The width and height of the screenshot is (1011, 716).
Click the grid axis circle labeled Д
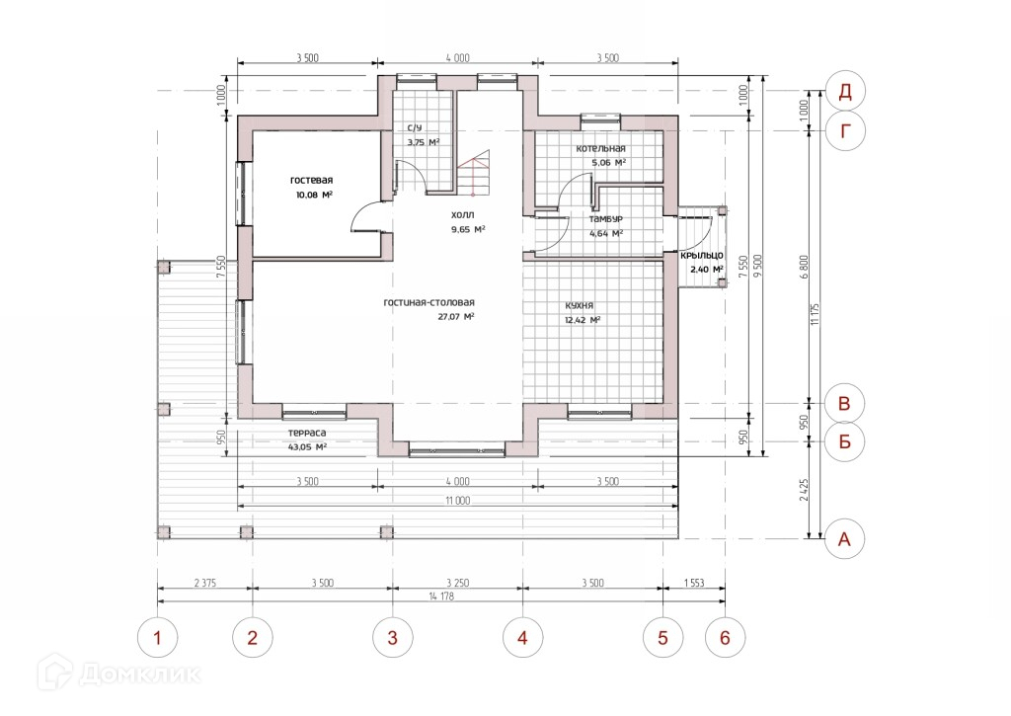845,91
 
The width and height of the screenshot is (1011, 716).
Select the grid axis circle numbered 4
522,638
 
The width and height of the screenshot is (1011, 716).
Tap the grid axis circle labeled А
845,538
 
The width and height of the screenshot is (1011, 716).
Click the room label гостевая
311,180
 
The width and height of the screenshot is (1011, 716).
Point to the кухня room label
579,306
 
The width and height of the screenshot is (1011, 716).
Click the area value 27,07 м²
456,317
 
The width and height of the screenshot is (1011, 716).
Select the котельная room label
600,148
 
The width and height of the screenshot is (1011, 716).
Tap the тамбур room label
605,219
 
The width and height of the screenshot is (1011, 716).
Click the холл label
462,215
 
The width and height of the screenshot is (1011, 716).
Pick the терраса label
307,433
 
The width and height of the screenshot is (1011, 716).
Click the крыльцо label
702,256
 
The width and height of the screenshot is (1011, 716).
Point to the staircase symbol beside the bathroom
474,172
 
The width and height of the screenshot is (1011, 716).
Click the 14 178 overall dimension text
441,597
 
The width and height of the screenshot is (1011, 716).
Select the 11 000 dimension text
457,501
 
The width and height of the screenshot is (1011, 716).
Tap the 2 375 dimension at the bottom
205,583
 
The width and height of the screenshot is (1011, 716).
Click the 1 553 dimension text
694,583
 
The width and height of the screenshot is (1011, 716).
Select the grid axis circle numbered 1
157,638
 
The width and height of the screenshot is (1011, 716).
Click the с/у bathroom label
416,127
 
